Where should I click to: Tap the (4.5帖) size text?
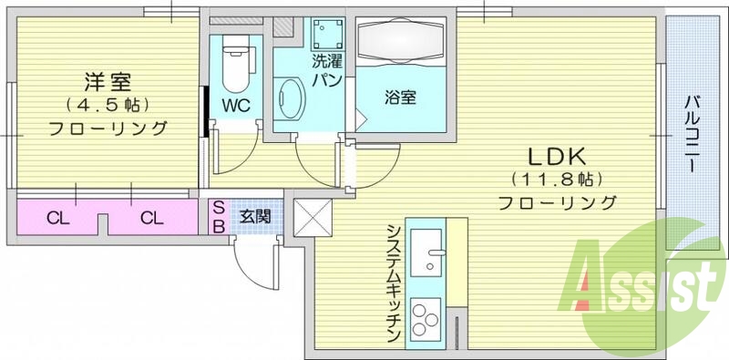point(108,104)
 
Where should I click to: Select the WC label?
point(236,104)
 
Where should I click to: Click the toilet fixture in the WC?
point(237,60)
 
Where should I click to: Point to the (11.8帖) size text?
point(556,178)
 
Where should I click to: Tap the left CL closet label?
point(56,218)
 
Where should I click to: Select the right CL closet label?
point(151,218)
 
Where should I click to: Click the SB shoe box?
point(219,217)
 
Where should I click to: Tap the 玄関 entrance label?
point(254,217)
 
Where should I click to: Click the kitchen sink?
point(426,251)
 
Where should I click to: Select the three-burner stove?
point(425,320)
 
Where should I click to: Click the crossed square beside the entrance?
point(310,216)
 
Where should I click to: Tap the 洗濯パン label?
point(326,71)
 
